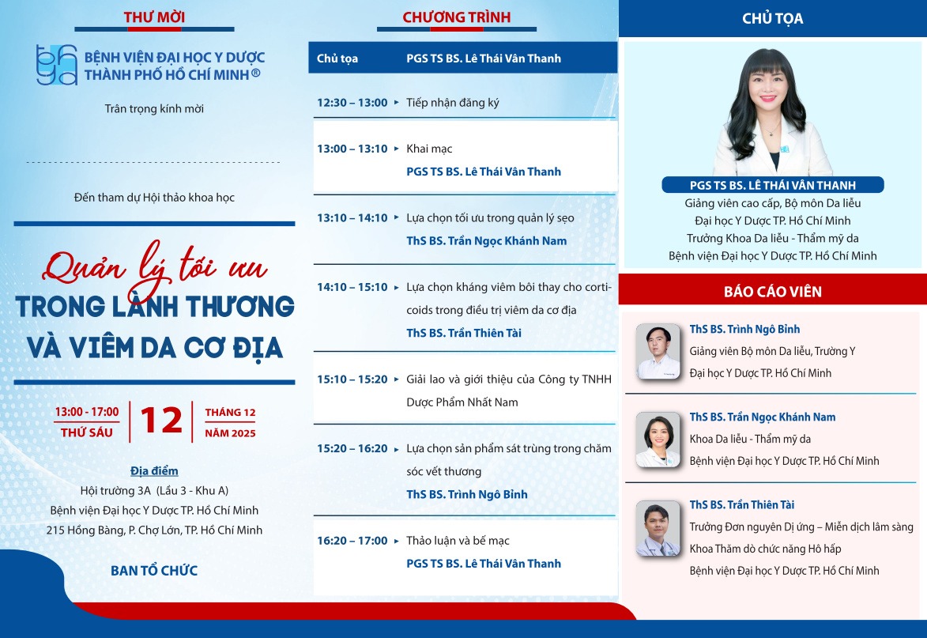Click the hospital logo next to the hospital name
[57, 65]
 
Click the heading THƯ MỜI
[156, 17]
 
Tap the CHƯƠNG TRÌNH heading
[457, 17]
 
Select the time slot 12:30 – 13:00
[352, 103]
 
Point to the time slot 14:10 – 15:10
[352, 287]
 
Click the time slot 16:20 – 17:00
[352, 541]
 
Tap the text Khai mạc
[429, 149]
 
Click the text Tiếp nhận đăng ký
[453, 103]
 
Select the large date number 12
[161, 421]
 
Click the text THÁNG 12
[230, 413]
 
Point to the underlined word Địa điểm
[154, 471]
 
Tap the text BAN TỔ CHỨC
[154, 570]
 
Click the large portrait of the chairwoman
[772, 111]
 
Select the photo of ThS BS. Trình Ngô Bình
[658, 351]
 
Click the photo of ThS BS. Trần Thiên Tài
[658, 528]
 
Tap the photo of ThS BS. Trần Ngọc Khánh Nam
[658, 440]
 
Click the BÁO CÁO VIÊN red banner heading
[772, 292]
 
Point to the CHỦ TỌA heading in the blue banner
[772, 18]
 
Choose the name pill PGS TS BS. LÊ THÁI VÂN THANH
[772, 185]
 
